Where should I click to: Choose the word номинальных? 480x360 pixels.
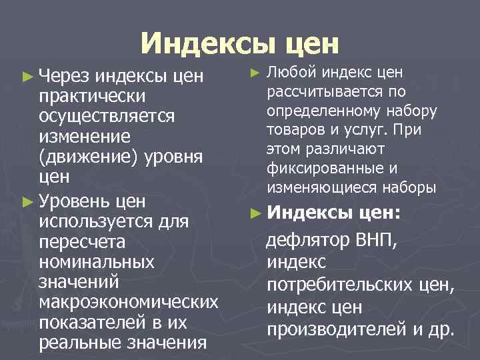[x=97, y=261]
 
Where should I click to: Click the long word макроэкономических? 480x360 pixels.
[x=129, y=302]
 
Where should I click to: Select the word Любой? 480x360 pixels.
[x=287, y=73]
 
